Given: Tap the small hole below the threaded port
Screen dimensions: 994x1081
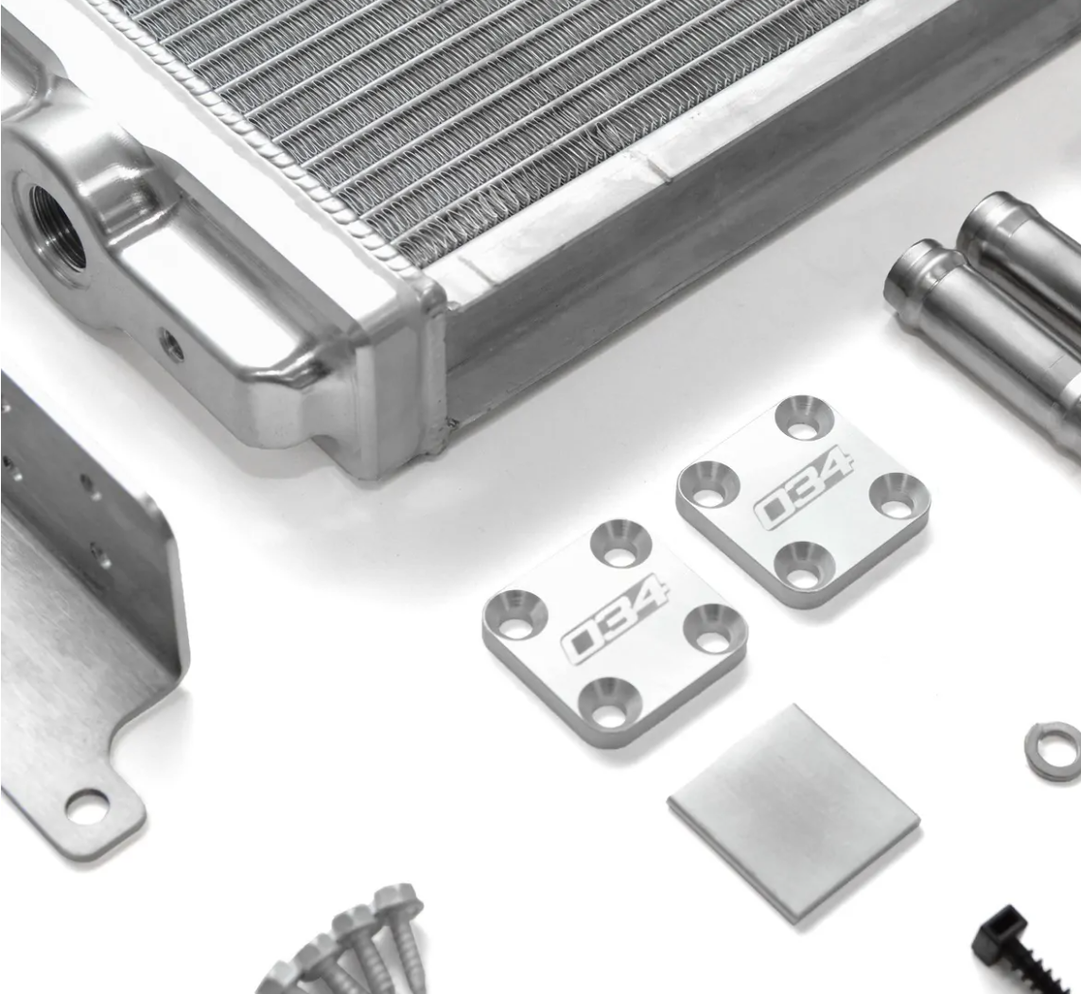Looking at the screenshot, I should pyautogui.click(x=172, y=345).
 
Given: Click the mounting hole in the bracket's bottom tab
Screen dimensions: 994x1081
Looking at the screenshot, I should pyautogui.click(x=87, y=806).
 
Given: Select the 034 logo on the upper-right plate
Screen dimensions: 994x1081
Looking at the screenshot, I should pyautogui.click(x=803, y=487).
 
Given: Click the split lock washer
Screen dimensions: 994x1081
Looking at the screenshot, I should pyautogui.click(x=1053, y=751).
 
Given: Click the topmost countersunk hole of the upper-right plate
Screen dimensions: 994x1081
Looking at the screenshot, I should pyautogui.click(x=804, y=419).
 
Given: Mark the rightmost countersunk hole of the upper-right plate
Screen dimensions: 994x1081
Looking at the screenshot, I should pyautogui.click(x=896, y=497).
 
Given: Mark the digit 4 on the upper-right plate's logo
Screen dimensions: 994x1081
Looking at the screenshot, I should pyautogui.click(x=833, y=470).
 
